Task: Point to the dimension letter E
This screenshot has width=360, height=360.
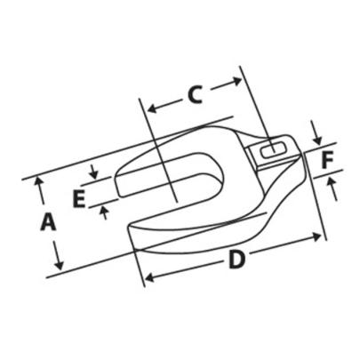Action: pos(79,199)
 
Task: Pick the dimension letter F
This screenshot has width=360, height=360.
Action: pos(327,161)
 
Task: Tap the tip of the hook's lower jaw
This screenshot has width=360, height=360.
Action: pos(133,233)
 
